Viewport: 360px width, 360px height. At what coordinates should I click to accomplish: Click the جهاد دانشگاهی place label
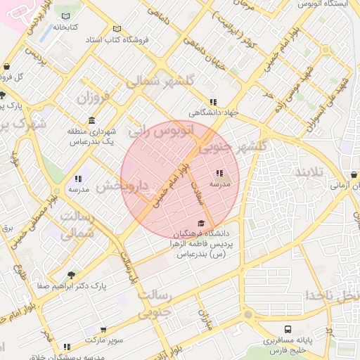pos(213,112)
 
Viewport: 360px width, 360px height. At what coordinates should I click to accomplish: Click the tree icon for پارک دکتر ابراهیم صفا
pos(70,275)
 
